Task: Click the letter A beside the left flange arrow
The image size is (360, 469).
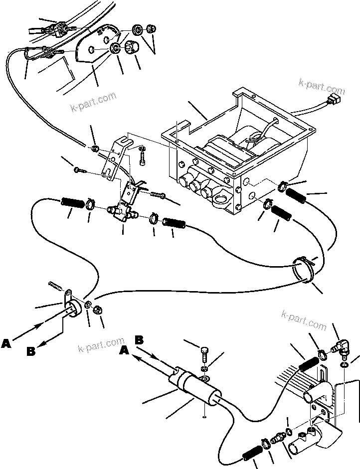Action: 6,343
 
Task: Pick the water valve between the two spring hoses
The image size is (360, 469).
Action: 123,215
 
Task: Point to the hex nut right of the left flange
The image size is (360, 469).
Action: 98,309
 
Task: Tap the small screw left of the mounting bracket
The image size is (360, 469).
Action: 79,170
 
